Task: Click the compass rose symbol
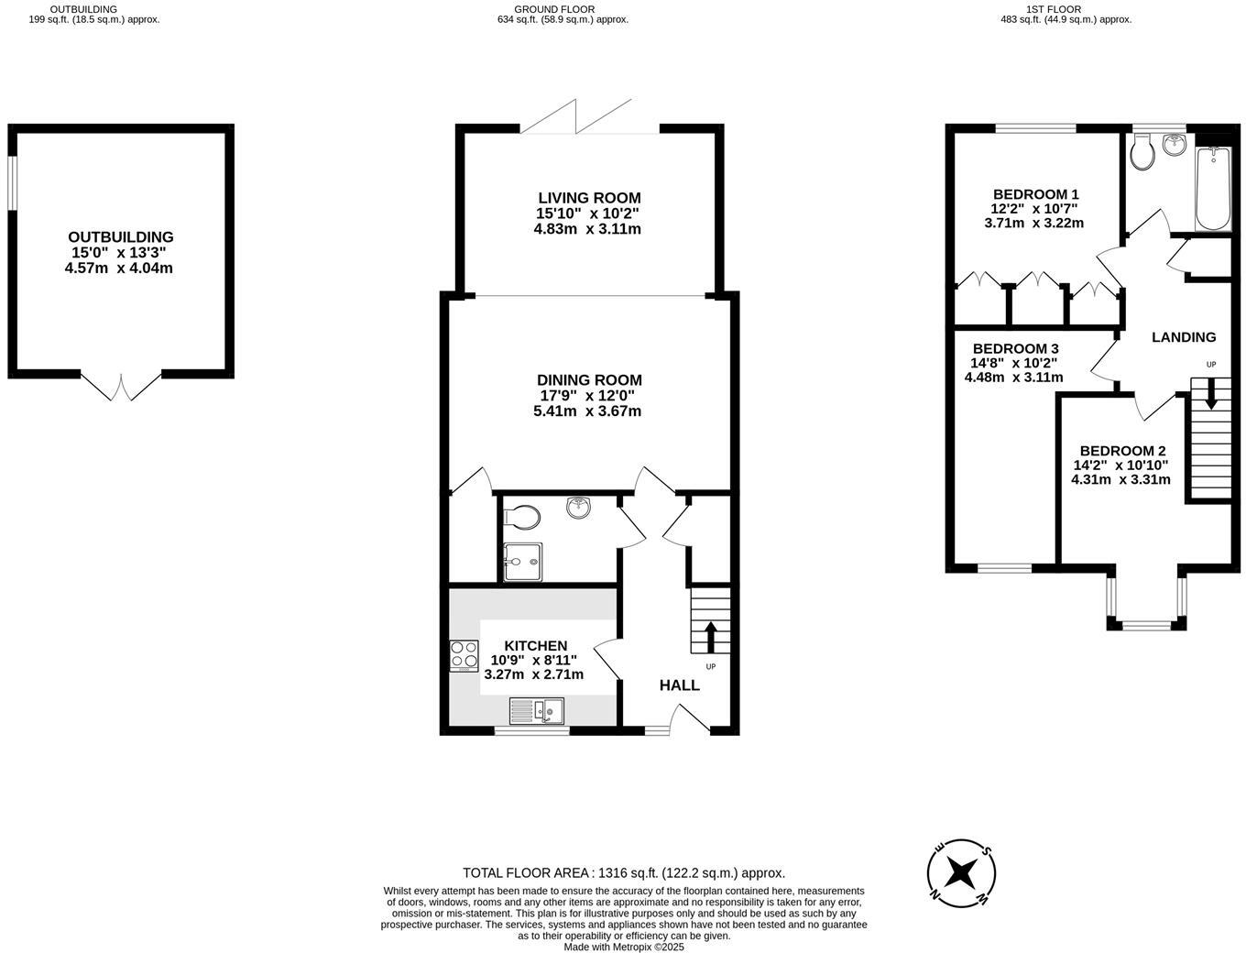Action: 961,871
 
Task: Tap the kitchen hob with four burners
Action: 465,655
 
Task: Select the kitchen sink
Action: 538,710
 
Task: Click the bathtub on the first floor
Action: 1214,189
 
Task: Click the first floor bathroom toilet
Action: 1142,154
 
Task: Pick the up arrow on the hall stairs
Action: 710,635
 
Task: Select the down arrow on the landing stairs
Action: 1210,394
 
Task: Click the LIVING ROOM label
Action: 588,198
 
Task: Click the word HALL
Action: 679,685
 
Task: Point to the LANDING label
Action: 1183,337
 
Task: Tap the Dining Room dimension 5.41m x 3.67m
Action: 587,411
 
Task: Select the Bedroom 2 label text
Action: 1122,451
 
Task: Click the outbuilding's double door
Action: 121,385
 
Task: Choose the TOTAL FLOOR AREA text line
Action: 624,873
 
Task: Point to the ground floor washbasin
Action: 578,507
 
